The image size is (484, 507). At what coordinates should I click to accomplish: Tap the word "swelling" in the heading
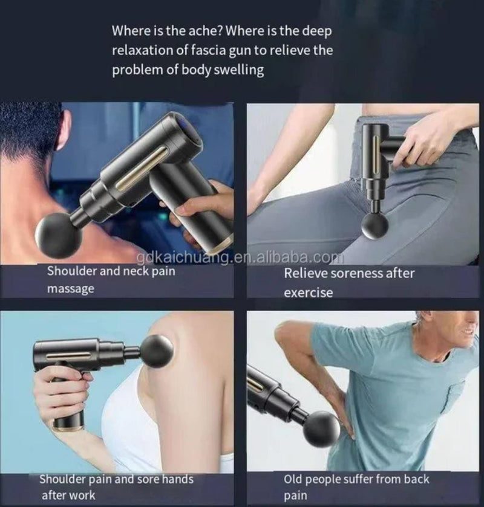236,69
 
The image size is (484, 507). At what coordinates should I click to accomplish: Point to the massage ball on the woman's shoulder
157,351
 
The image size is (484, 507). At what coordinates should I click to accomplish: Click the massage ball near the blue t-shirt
321,428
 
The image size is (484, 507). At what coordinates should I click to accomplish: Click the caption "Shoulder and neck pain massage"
111,279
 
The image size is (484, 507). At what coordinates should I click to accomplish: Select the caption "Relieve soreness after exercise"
349,282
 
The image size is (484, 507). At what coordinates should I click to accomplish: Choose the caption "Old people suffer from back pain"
356,486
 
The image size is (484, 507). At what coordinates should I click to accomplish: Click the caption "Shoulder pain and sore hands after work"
116,486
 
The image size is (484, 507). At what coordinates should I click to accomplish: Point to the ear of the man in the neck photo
62,129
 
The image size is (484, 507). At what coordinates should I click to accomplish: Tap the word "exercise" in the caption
309,292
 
